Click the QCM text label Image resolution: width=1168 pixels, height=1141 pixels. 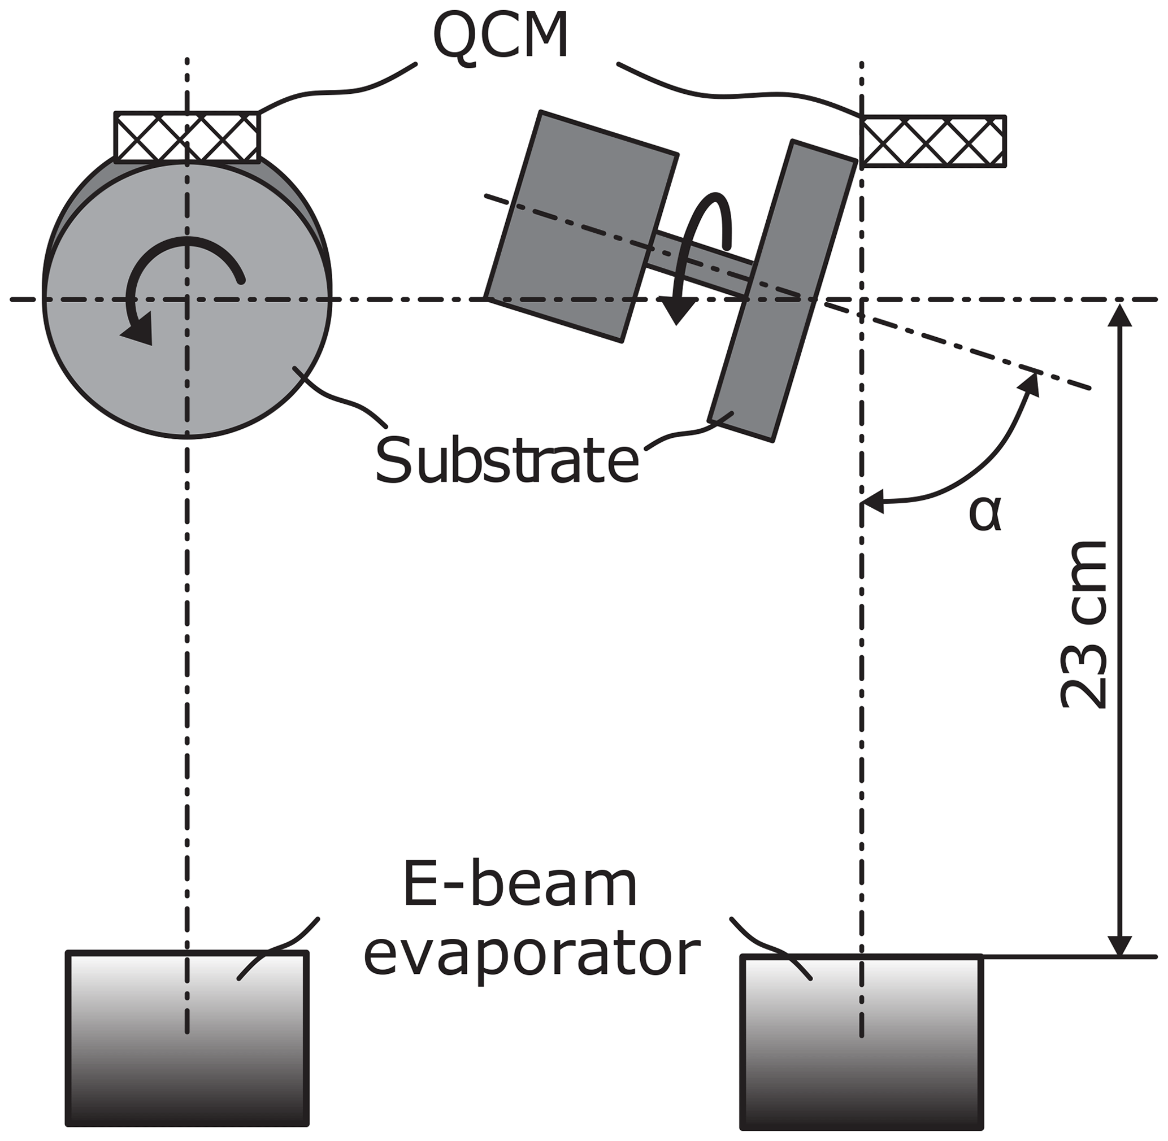coord(500,37)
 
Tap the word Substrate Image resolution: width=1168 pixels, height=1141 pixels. coord(507,460)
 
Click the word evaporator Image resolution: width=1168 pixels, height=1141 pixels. coord(531,954)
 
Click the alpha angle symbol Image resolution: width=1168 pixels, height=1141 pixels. coord(984,514)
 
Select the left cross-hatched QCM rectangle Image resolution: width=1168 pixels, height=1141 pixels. coord(187,137)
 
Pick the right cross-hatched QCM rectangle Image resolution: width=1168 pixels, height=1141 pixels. coord(933,141)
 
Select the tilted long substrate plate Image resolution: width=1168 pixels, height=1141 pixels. coord(782,291)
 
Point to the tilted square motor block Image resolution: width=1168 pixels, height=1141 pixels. coord(580,227)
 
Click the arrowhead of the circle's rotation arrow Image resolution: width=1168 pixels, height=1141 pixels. coord(139,333)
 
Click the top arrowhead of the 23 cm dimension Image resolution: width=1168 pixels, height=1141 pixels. coord(1119,315)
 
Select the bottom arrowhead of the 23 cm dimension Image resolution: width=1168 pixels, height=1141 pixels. coord(1119,944)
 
